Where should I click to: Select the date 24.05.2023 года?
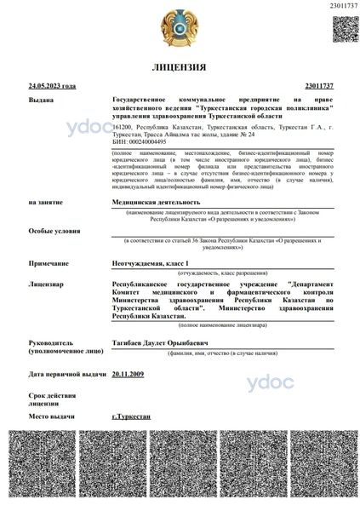(x=53, y=87)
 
